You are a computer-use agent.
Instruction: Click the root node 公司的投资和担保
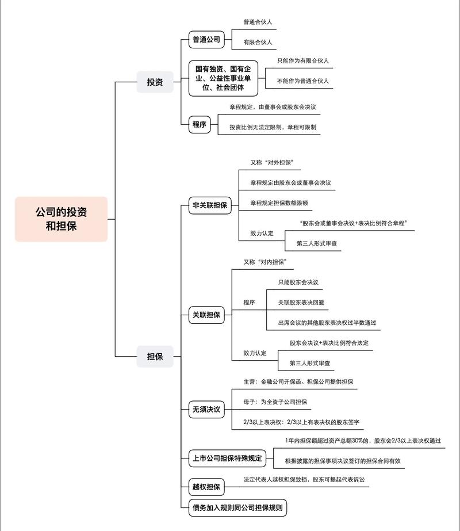tap(61, 219)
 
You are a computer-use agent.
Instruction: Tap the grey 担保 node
tap(151, 356)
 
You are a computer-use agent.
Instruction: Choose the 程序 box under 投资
tap(200, 124)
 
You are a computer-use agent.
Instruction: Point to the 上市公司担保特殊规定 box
tap(227, 459)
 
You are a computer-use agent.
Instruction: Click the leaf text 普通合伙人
tap(258, 22)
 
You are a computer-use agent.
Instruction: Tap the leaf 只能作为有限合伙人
tap(303, 60)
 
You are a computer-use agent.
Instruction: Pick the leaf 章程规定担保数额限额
tap(282, 203)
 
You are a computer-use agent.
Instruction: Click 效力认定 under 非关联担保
tap(262, 234)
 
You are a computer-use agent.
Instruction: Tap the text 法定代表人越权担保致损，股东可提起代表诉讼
tap(304, 479)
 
